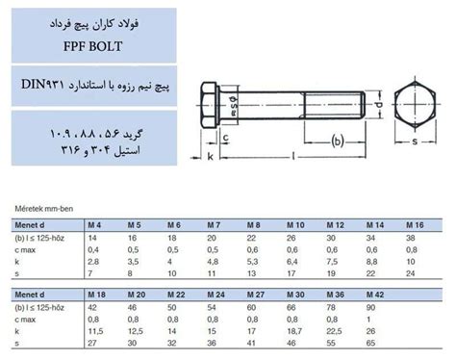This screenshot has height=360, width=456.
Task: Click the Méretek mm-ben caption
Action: pyautogui.click(x=40, y=207)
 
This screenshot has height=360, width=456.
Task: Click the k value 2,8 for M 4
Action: pyautogui.click(x=94, y=260)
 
